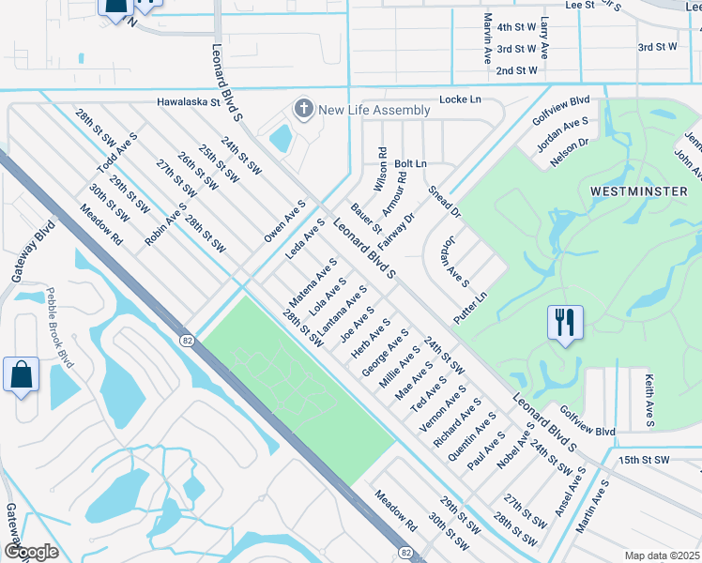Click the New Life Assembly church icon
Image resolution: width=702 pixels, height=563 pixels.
[x=303, y=110]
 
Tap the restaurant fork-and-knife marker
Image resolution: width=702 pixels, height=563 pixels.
[x=564, y=323]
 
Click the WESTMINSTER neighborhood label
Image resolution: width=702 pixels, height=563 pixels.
[x=633, y=191]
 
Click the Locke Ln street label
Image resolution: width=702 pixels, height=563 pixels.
[x=460, y=99]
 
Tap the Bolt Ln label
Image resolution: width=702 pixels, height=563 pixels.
[x=410, y=163]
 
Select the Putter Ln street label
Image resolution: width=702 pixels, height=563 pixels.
[x=470, y=306]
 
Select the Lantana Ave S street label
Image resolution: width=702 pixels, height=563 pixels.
[x=341, y=311]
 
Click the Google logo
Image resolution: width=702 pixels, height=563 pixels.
[x=30, y=552]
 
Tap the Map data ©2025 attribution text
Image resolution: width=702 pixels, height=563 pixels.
[x=661, y=555]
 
